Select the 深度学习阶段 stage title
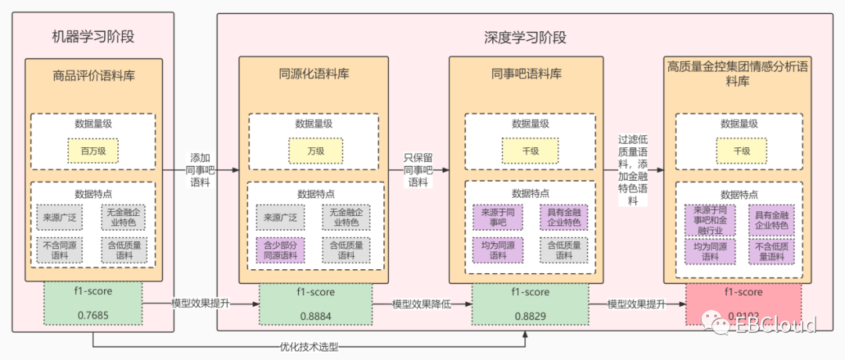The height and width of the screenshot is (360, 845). pyautogui.click(x=524, y=37)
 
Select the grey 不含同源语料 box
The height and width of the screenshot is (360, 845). pyautogui.click(x=59, y=250)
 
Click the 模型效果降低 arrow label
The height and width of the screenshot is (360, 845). pyautogui.click(x=422, y=304)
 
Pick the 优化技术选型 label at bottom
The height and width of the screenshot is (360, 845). pyautogui.click(x=308, y=346)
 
